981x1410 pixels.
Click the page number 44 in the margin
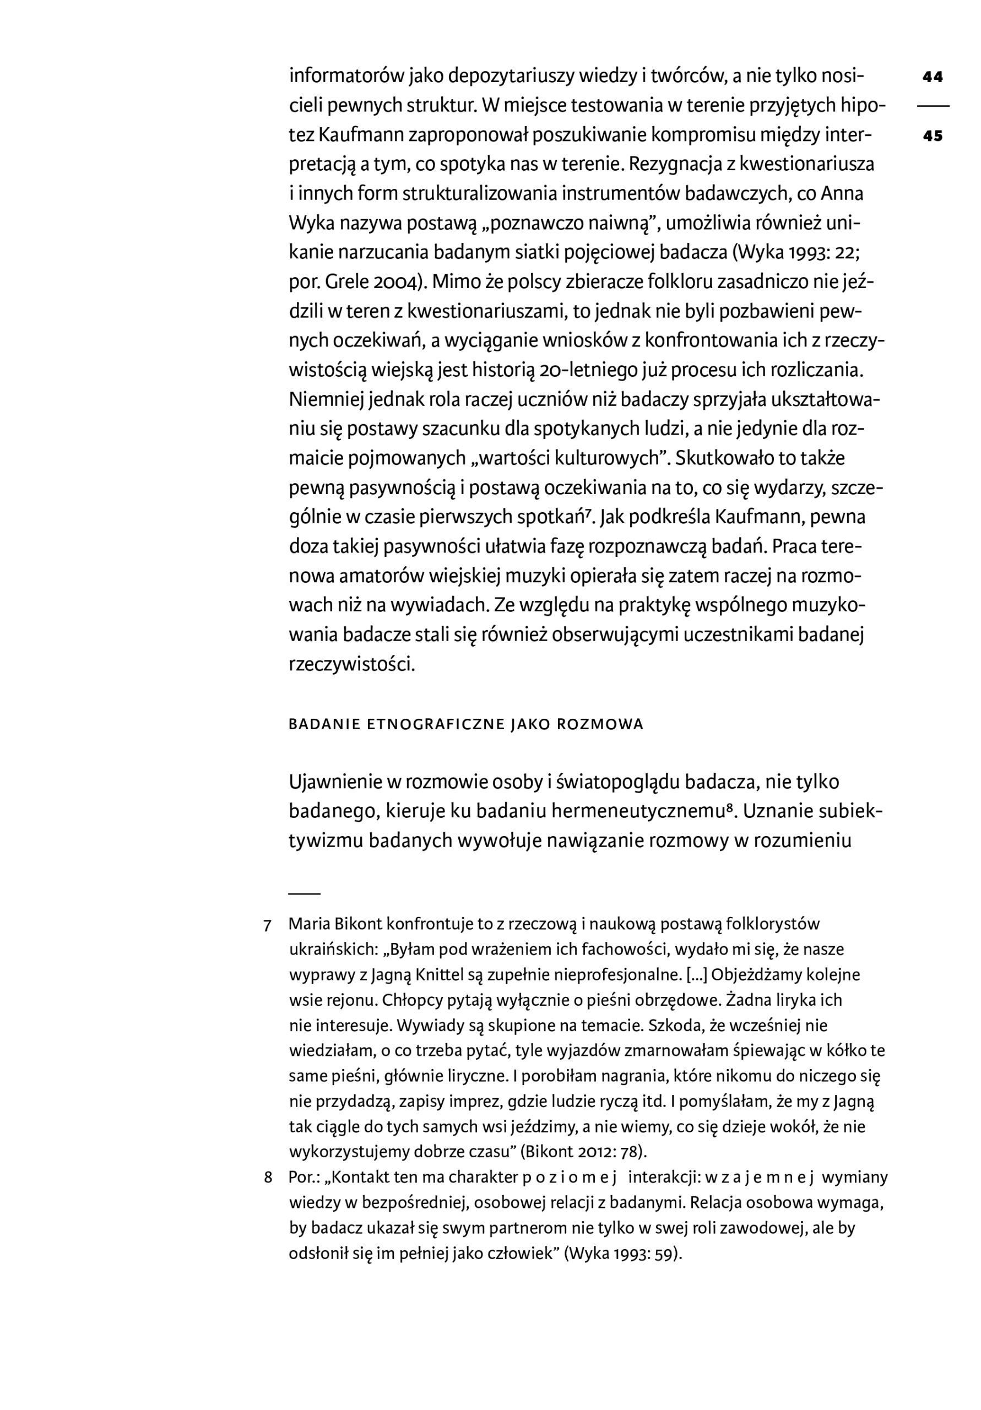click(932, 77)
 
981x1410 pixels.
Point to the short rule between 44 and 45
click(932, 107)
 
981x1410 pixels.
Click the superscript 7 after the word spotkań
click(588, 513)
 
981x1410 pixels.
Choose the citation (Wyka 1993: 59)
click(623, 1254)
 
